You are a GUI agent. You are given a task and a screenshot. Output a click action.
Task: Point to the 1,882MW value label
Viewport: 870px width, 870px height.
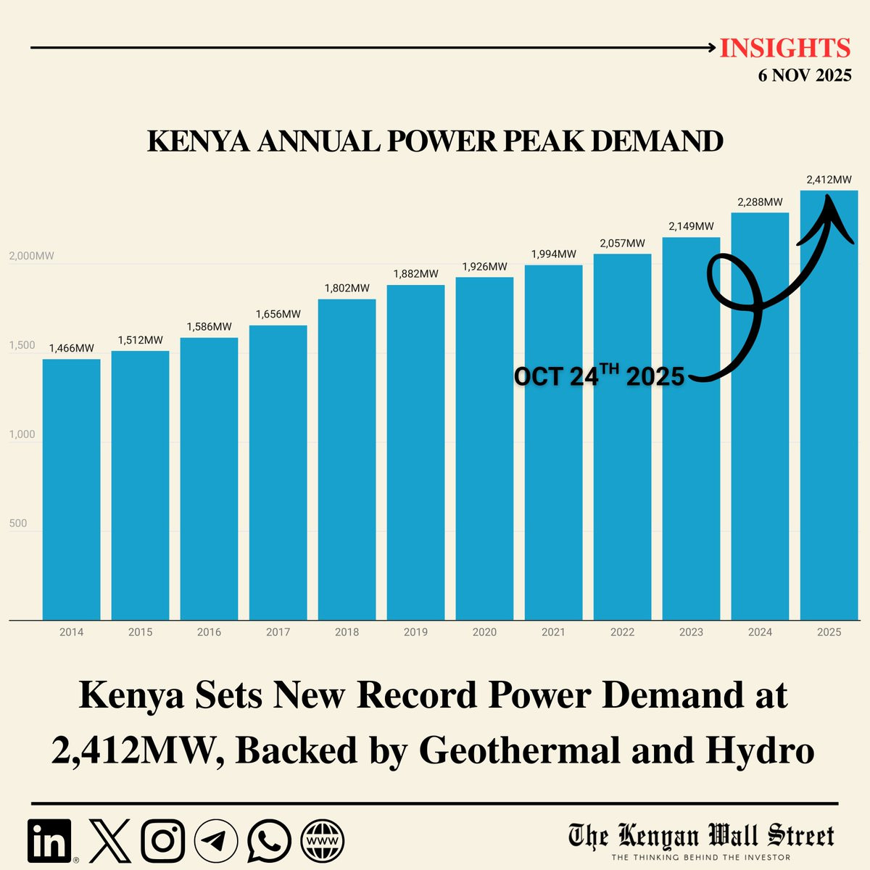pos(415,274)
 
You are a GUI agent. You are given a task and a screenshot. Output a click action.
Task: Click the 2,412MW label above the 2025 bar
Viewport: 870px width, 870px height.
pos(829,180)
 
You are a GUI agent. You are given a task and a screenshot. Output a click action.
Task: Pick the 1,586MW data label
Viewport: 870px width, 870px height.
pos(209,327)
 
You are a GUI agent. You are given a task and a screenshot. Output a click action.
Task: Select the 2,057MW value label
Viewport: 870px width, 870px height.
pos(622,244)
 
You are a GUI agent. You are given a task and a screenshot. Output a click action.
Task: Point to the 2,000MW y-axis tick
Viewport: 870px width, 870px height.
pos(31,257)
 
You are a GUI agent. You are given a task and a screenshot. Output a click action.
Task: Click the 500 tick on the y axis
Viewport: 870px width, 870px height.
pos(17,523)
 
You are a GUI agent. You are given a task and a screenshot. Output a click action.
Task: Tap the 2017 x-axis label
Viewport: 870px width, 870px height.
pos(278,632)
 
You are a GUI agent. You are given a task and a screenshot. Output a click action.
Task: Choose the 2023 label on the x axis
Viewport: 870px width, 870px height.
pos(691,632)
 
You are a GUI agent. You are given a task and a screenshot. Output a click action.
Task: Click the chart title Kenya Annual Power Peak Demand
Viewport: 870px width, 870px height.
pos(435,141)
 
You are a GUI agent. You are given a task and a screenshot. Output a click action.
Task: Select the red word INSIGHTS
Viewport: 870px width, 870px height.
pos(785,49)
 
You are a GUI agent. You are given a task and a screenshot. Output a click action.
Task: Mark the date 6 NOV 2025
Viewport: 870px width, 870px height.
pos(805,75)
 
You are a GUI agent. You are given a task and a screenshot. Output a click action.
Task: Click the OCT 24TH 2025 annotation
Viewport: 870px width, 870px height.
pos(599,376)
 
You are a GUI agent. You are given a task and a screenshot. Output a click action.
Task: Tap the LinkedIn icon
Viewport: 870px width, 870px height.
pos(50,841)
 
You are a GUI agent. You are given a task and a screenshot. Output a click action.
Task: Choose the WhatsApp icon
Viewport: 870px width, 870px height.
pos(269,841)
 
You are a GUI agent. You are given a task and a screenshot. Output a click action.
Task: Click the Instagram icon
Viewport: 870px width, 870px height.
pos(162,841)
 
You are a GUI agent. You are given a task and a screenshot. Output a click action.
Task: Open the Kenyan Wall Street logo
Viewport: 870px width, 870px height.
pos(700,840)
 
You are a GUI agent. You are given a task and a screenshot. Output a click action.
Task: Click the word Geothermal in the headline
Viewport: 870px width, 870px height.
pos(518,751)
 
